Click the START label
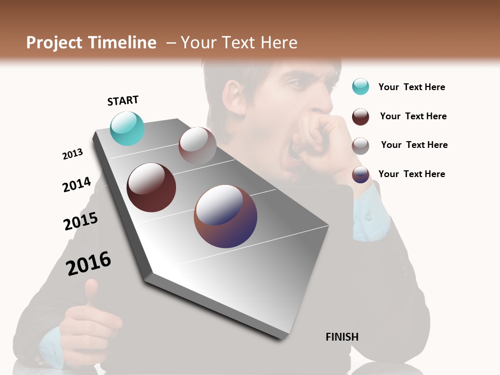point(123,101)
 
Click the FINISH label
point(342,337)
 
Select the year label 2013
point(72,154)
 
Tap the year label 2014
point(77,185)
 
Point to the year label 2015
point(81,221)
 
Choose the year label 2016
point(89,263)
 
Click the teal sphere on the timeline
point(127,128)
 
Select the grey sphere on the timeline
point(197,145)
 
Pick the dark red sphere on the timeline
point(151,187)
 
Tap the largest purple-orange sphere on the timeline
point(226,216)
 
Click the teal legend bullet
point(360,86)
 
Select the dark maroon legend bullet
point(360,117)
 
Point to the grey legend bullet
point(360,146)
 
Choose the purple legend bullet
point(360,174)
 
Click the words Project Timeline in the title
point(91,43)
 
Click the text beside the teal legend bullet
point(411,87)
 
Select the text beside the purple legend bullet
point(411,174)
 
